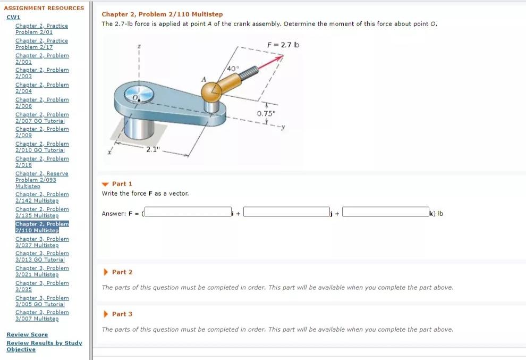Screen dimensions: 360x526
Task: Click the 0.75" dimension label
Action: pyautogui.click(x=267, y=114)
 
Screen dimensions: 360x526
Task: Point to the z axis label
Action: pyautogui.click(x=139, y=47)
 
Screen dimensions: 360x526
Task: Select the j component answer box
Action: pyautogui.click(x=286, y=213)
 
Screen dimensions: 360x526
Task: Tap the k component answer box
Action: pyautogui.click(x=385, y=213)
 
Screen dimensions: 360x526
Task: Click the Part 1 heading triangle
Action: pyautogui.click(x=105, y=184)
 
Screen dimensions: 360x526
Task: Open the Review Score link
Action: pyautogui.click(x=27, y=334)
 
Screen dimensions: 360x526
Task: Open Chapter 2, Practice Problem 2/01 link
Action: pyautogui.click(x=41, y=29)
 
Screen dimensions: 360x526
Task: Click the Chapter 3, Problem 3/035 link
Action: pyautogui.click(x=42, y=286)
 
